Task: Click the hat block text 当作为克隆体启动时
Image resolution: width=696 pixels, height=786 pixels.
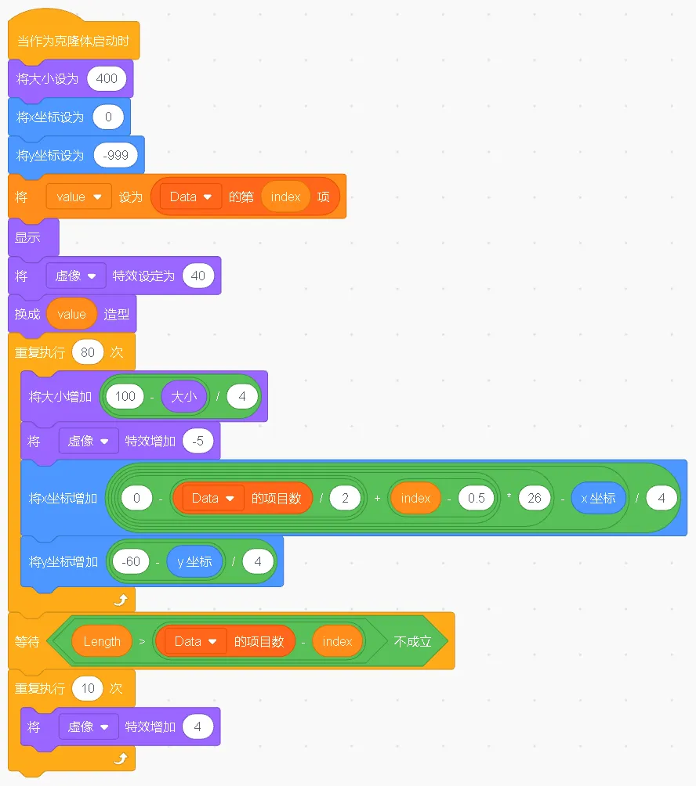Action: point(73,41)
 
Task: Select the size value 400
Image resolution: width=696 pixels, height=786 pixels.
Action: point(107,78)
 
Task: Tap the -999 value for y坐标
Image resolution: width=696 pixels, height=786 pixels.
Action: point(115,156)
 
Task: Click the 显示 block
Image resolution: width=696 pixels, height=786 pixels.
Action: point(28,237)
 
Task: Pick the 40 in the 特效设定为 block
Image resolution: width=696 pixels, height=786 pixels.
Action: point(198,276)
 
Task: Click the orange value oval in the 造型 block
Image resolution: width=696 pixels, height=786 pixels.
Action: point(71,314)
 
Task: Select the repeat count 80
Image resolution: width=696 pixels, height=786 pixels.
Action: point(88,352)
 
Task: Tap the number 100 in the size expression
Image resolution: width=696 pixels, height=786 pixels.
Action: point(125,396)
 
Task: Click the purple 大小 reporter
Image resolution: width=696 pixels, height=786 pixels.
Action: point(184,396)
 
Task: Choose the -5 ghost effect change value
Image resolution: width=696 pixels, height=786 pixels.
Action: point(198,441)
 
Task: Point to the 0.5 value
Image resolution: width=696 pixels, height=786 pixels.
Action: point(477,498)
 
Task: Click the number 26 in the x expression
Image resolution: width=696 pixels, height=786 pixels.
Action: point(535,498)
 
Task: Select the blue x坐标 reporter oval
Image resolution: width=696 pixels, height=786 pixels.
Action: point(599,498)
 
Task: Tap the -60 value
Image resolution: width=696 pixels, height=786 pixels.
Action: point(131,561)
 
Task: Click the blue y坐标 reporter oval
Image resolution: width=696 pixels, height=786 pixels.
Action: point(194,561)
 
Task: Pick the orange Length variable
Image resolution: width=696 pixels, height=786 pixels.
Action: point(102,641)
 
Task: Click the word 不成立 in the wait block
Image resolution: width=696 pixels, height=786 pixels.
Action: point(412,641)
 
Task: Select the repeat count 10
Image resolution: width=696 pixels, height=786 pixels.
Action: point(88,688)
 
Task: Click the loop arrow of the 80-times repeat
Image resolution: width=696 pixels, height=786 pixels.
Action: point(120,600)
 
